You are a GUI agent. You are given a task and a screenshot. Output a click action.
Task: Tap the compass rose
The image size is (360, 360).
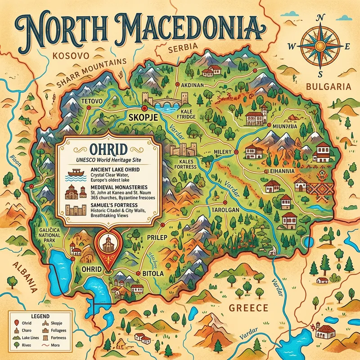320,45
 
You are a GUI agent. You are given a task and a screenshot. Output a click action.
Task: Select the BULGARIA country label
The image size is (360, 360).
327,86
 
